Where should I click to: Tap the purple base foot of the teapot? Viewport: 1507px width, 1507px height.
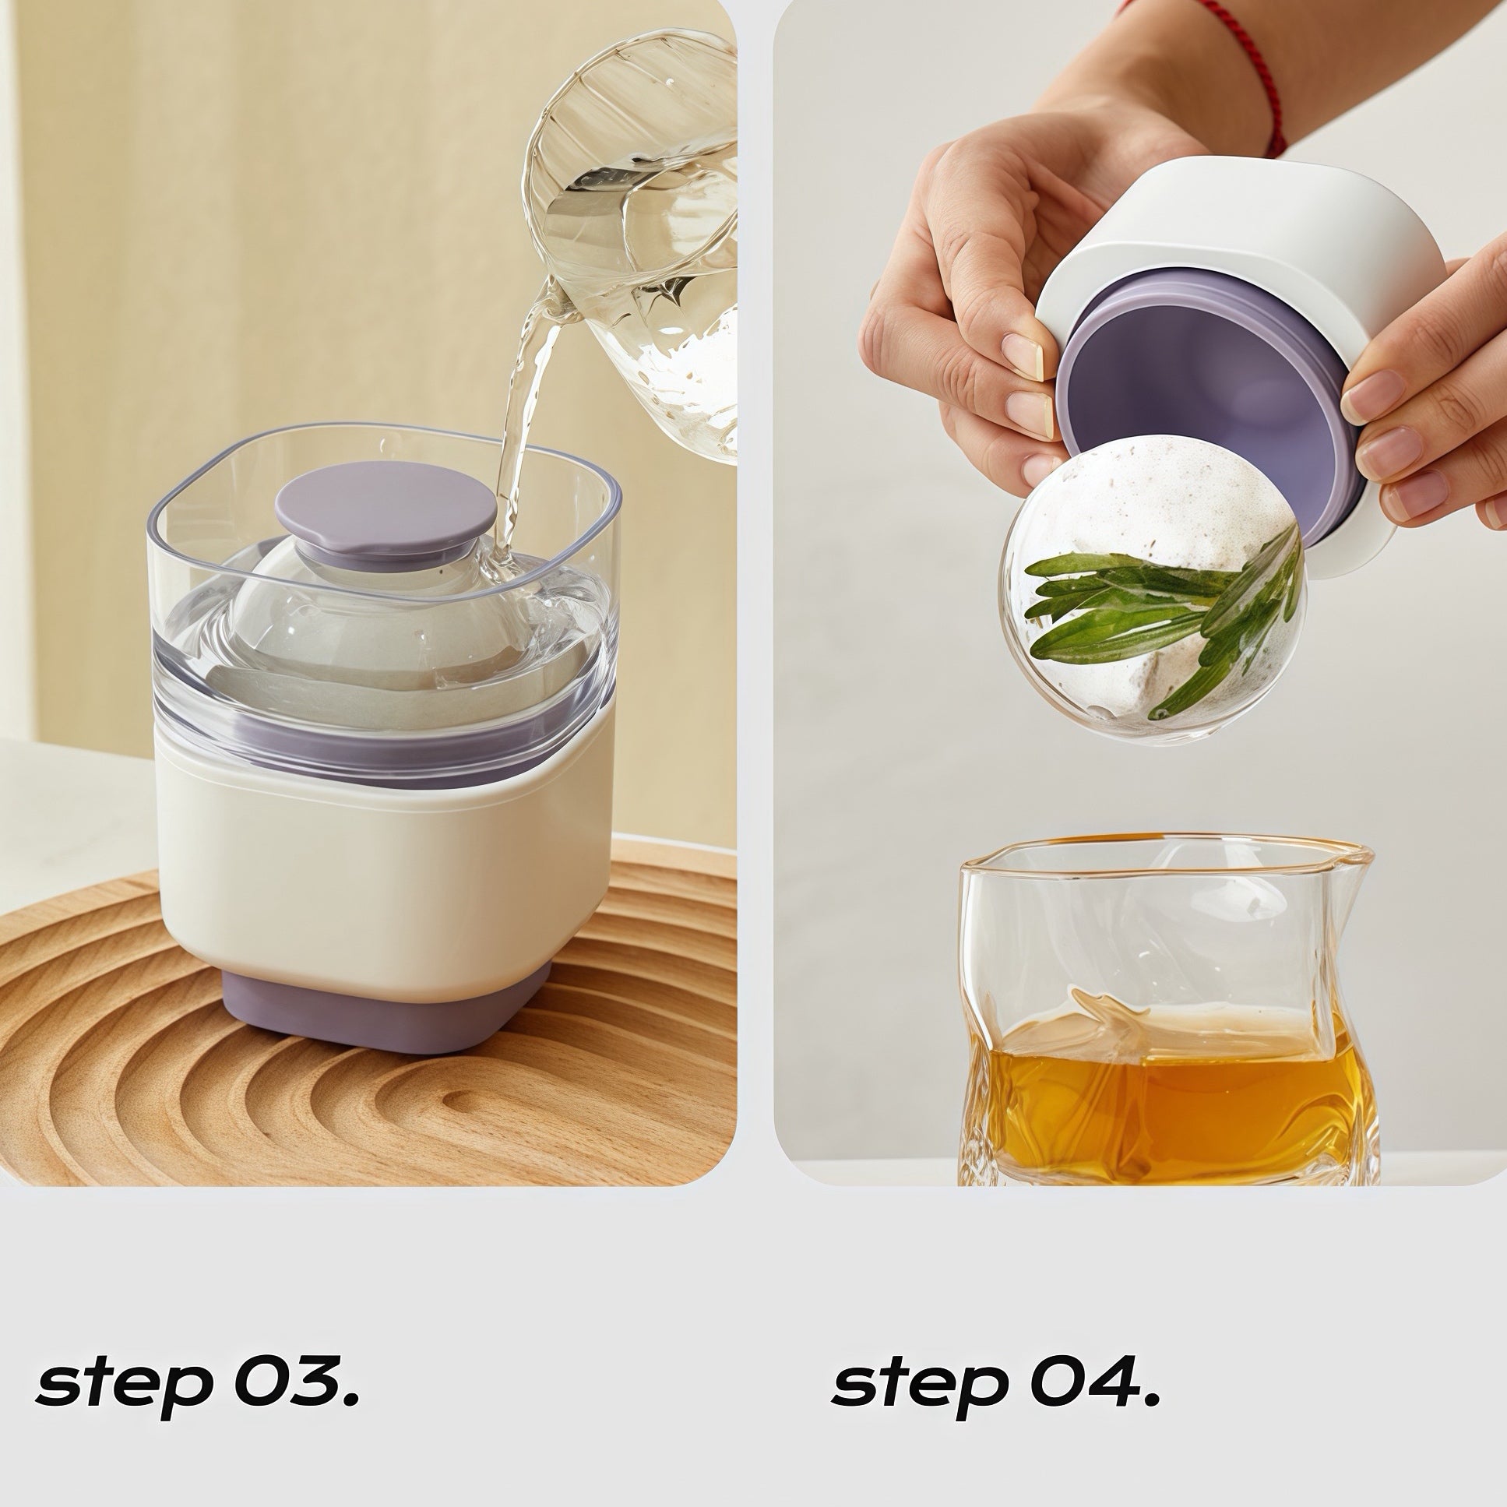pyautogui.click(x=388, y=1007)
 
